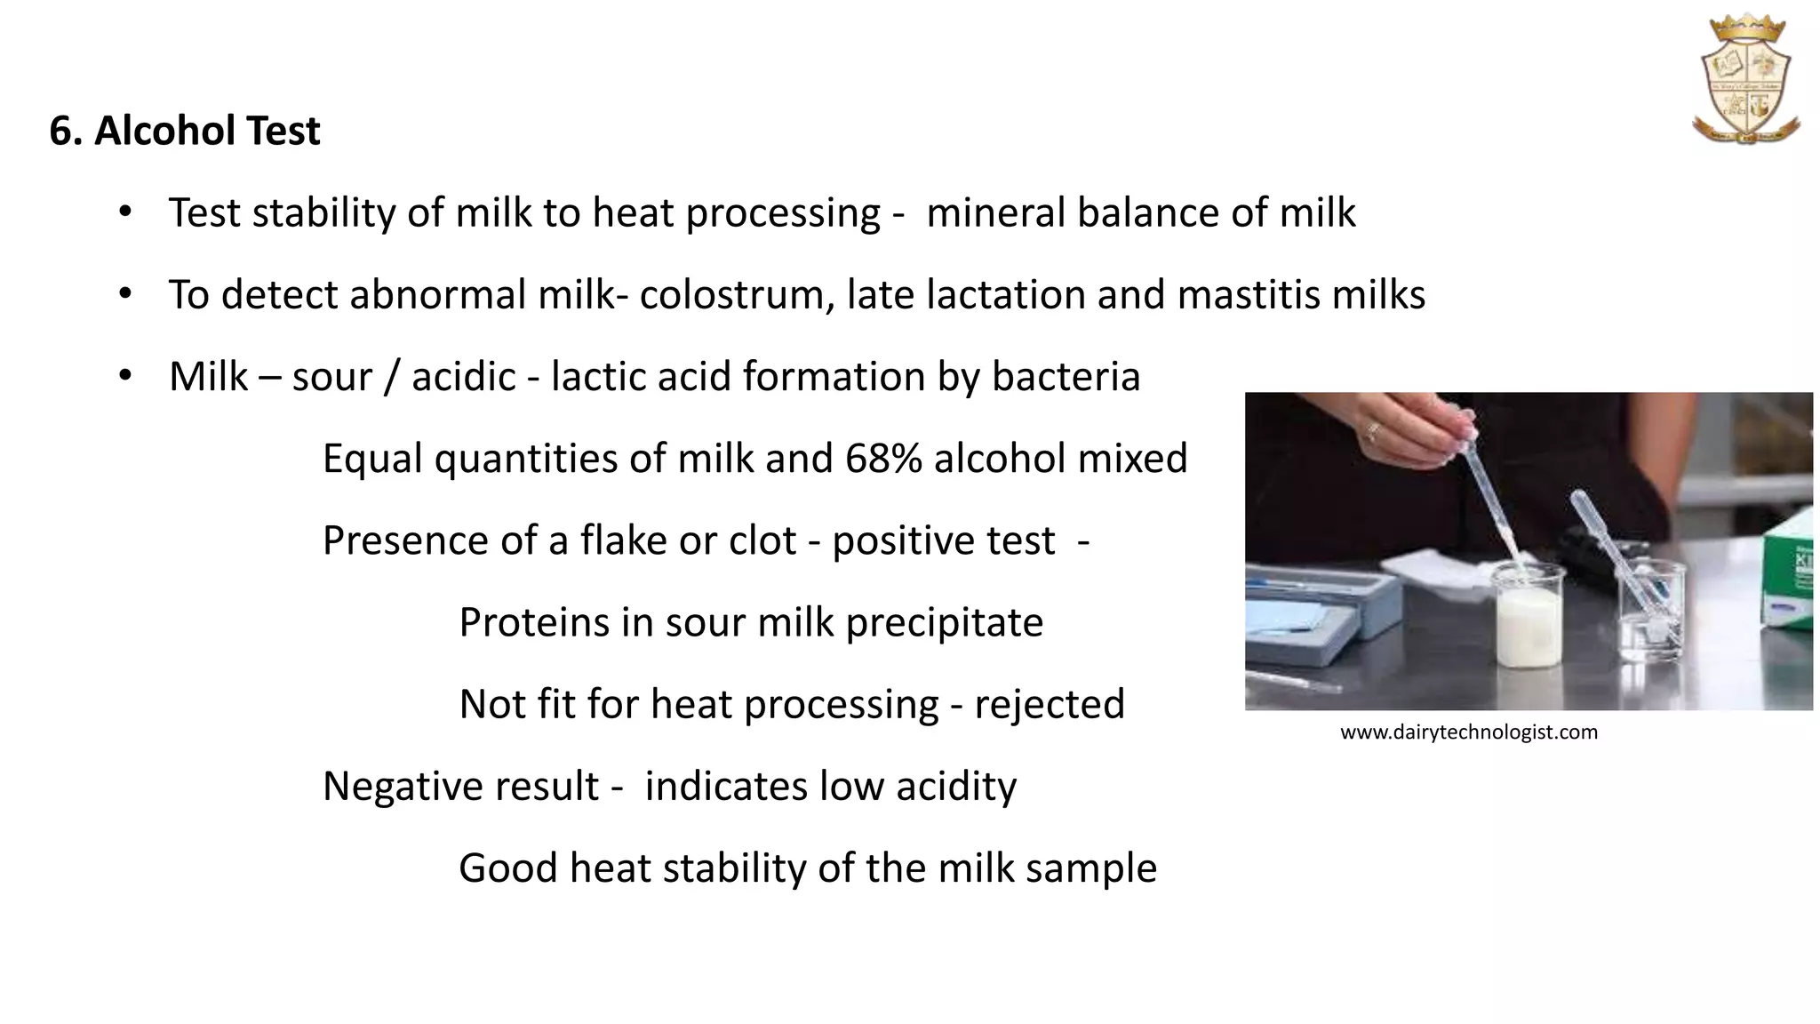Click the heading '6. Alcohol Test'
click(x=184, y=131)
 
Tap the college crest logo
click(x=1745, y=80)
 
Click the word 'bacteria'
click(x=1066, y=377)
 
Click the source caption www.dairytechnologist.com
click(x=1468, y=732)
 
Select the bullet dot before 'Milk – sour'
click(x=125, y=375)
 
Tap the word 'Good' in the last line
click(x=507, y=868)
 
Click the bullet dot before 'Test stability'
click(x=125, y=212)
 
